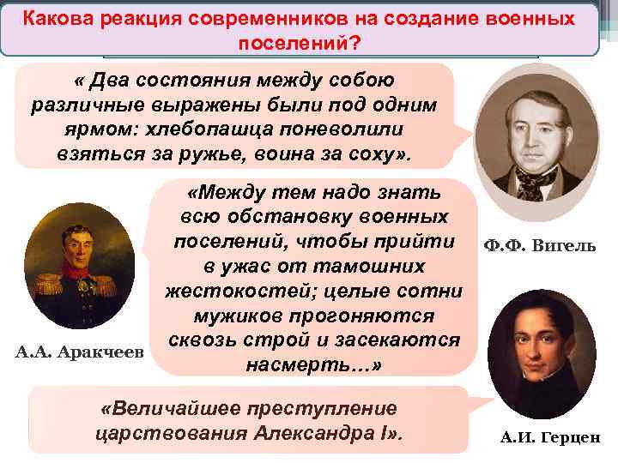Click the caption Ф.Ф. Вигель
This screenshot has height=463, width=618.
pyautogui.click(x=540, y=247)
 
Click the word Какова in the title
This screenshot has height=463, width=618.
pyautogui.click(x=58, y=18)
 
